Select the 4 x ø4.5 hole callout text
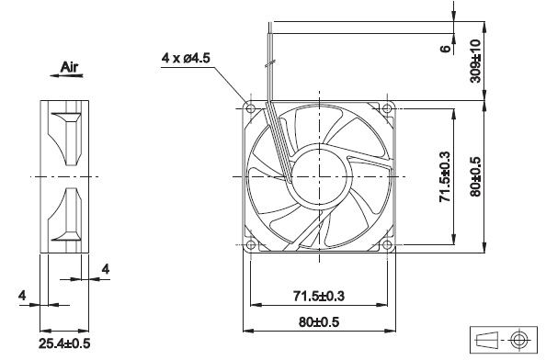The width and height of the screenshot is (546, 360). click(x=187, y=59)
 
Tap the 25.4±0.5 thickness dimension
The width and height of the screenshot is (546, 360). click(x=64, y=343)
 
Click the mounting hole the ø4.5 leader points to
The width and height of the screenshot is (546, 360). click(x=250, y=107)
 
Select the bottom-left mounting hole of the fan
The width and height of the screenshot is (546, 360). click(x=250, y=244)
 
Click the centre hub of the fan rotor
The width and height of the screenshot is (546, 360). click(x=319, y=175)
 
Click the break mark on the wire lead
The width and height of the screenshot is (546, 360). click(x=267, y=66)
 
